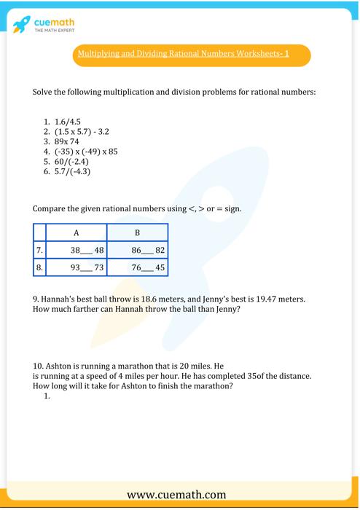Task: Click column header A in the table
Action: (76, 232)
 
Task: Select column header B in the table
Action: (137, 232)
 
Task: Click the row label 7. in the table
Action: (40, 250)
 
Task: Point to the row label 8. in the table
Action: (40, 267)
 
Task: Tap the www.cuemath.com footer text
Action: (179, 495)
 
